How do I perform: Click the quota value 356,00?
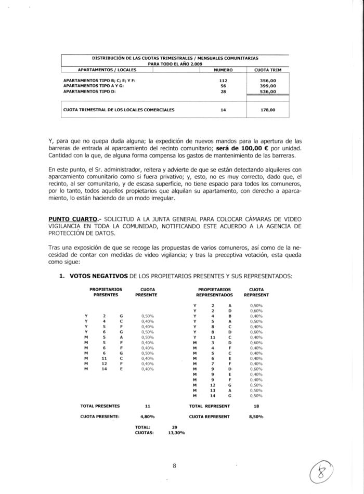coord(268,81)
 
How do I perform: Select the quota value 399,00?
coord(268,86)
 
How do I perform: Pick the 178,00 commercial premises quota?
coord(268,110)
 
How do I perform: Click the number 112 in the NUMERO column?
coord(224,81)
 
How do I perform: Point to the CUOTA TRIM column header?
coord(268,69)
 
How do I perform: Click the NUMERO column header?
coord(224,69)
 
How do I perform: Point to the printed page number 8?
coord(175,466)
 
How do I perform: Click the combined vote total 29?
coord(174,427)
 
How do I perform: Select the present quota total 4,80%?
coord(148,417)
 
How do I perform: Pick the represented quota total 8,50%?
coord(256,417)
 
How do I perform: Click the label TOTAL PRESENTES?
coord(100,406)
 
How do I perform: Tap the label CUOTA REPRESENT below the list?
coord(209,417)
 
